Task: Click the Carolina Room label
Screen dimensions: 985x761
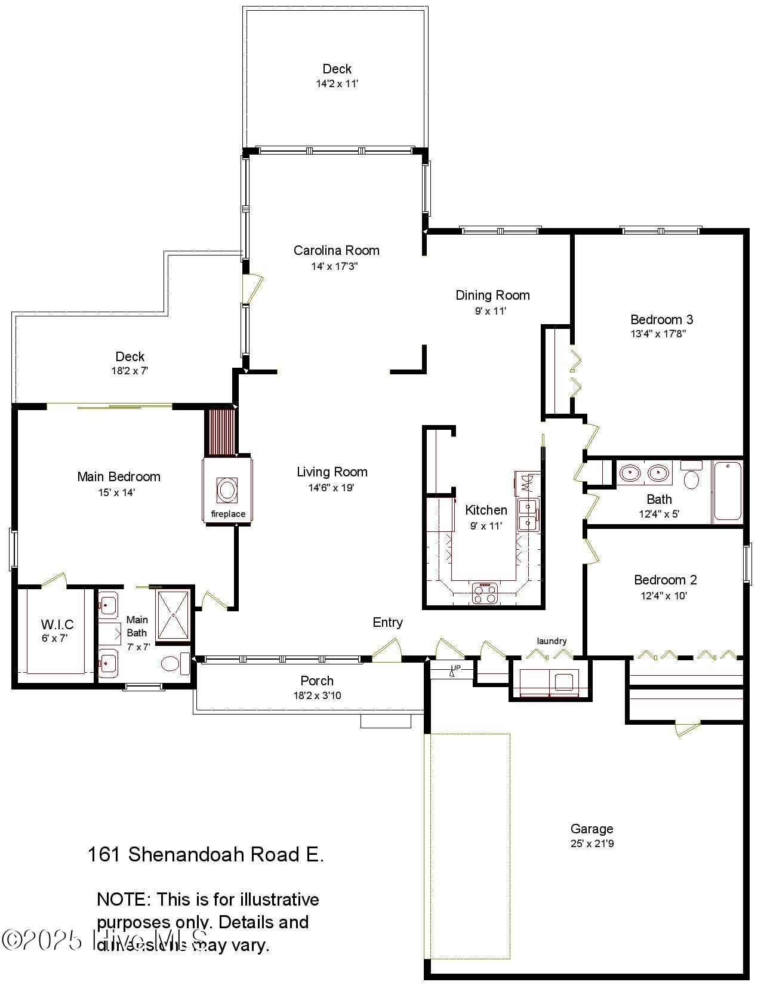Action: pyautogui.click(x=336, y=250)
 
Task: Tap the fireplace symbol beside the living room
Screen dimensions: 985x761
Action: pyautogui.click(x=227, y=491)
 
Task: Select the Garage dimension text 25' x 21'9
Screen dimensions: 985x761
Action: pyautogui.click(x=591, y=844)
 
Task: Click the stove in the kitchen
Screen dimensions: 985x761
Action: pyautogui.click(x=485, y=593)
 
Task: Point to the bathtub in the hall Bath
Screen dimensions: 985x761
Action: pyautogui.click(x=728, y=491)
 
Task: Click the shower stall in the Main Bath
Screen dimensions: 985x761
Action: pyautogui.click(x=173, y=614)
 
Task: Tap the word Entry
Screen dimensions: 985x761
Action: pyautogui.click(x=387, y=622)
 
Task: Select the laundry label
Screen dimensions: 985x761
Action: pyautogui.click(x=552, y=641)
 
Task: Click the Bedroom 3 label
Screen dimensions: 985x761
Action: pyautogui.click(x=661, y=319)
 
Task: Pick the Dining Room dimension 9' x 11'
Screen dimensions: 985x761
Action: pyautogui.click(x=491, y=310)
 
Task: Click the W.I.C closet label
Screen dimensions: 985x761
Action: pyautogui.click(x=57, y=624)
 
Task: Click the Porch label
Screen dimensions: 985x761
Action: pyautogui.click(x=317, y=681)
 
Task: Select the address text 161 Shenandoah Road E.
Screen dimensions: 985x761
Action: pyautogui.click(x=205, y=854)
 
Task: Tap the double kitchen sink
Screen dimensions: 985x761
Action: pyautogui.click(x=528, y=515)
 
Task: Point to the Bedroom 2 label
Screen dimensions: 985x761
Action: pyautogui.click(x=665, y=580)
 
